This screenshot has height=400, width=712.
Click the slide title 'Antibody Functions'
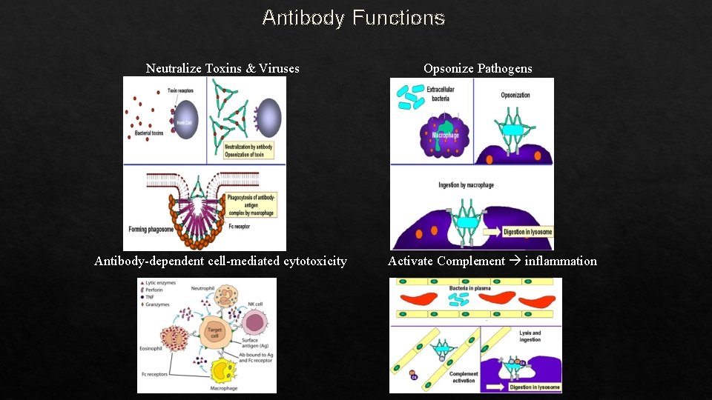tap(353, 17)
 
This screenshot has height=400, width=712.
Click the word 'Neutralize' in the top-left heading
tap(174, 69)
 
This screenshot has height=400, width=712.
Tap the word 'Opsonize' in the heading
tap(448, 69)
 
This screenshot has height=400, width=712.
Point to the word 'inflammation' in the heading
tap(561, 261)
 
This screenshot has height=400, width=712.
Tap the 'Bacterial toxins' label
tap(149, 133)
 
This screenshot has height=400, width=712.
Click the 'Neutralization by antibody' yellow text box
tap(248, 150)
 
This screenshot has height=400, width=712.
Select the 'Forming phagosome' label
tap(151, 228)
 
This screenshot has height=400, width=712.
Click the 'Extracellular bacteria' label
tap(441, 93)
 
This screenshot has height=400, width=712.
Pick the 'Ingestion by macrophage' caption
tap(466, 184)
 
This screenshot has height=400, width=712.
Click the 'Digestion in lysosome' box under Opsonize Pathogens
tap(527, 232)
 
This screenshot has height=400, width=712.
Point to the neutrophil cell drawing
tap(224, 299)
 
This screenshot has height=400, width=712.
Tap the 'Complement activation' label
tap(463, 378)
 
